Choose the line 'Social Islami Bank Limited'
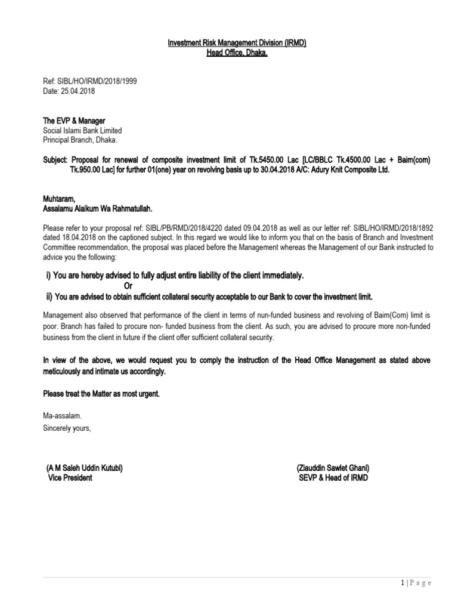[82, 131]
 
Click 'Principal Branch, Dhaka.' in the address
[81, 140]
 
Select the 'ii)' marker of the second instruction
[50, 297]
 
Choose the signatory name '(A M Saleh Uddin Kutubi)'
[85, 468]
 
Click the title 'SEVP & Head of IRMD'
[333, 478]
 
